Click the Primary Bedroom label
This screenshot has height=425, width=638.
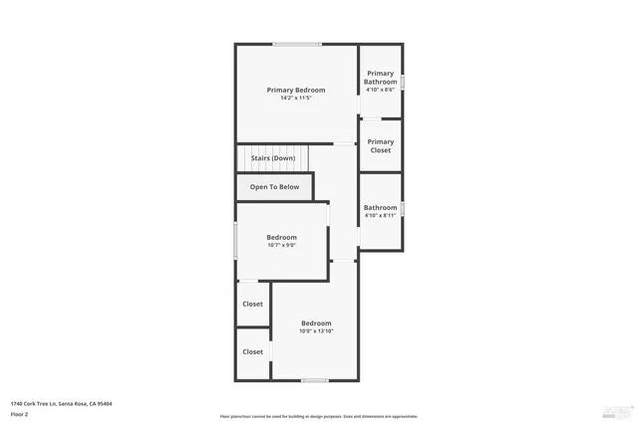(296, 91)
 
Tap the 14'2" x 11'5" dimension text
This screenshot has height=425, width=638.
(296, 98)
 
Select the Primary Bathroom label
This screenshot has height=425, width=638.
(381, 78)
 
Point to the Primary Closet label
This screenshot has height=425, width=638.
(381, 146)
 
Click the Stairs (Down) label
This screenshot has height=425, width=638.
(272, 158)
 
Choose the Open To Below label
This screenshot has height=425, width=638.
(274, 187)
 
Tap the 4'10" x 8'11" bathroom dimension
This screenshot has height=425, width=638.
(381, 215)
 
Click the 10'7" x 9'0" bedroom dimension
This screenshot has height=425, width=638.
(281, 245)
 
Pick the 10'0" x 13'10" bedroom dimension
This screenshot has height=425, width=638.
(316, 330)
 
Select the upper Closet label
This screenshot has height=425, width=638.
(253, 305)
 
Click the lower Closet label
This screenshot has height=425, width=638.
(253, 351)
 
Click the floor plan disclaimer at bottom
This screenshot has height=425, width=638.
(319, 416)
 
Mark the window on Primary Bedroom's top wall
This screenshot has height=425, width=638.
(297, 44)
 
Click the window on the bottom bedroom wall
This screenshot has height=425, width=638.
(315, 379)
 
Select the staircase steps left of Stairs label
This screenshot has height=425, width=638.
(241, 158)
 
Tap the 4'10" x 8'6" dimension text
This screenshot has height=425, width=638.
(381, 90)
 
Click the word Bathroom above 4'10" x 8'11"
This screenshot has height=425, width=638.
(381, 208)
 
